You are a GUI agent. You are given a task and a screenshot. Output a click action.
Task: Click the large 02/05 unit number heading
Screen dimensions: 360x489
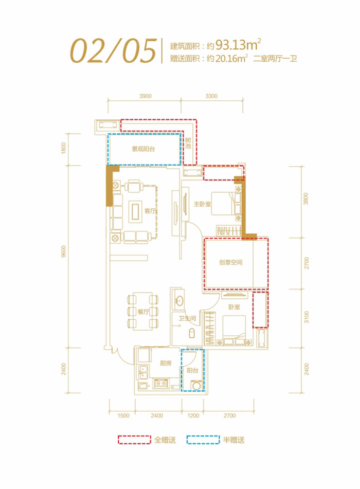(113, 51)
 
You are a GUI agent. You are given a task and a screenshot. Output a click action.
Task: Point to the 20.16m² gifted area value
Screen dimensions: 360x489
(231, 58)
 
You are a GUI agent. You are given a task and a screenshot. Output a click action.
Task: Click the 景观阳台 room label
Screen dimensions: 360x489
(143, 149)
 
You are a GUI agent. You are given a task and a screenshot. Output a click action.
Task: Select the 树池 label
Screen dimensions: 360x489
(188, 143)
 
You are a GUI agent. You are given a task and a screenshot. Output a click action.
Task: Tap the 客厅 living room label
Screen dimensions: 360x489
(150, 211)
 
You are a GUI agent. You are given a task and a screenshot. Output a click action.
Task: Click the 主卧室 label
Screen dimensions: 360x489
(202, 204)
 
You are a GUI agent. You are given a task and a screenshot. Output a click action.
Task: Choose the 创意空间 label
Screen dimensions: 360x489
(230, 262)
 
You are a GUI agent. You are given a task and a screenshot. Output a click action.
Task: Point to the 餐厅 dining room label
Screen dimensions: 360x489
(143, 312)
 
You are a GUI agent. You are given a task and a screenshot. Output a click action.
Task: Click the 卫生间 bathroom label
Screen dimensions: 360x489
(187, 318)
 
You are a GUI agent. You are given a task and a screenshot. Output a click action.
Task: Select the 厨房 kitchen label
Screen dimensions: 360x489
(166, 363)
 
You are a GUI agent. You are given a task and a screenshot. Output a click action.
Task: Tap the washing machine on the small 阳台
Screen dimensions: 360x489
(196, 386)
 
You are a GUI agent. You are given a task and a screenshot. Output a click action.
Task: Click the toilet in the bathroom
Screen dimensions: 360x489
(191, 333)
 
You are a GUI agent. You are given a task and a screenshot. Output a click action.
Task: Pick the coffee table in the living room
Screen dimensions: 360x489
(135, 211)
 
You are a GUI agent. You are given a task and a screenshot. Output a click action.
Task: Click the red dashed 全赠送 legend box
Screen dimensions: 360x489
(134, 440)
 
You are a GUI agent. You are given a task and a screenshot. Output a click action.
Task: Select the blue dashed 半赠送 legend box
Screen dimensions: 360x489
(203, 440)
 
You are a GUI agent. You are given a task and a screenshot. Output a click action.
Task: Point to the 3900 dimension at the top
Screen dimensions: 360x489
(146, 96)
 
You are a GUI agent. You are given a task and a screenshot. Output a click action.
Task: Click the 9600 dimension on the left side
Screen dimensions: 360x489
(64, 251)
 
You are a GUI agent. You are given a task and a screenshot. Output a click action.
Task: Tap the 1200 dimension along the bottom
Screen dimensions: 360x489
(193, 415)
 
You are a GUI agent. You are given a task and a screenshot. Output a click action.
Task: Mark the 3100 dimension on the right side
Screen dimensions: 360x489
(307, 317)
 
